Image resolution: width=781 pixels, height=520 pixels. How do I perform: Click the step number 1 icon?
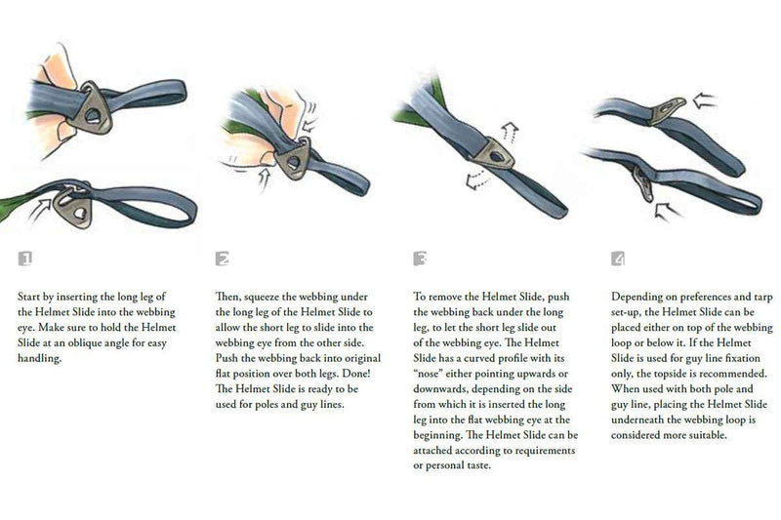[x=25, y=259]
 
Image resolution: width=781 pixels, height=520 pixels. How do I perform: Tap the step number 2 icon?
[x=223, y=259]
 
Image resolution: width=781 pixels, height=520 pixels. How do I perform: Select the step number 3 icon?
[x=420, y=259]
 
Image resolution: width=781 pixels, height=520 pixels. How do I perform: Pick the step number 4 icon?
[x=618, y=259]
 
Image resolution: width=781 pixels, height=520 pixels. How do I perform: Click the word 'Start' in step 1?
[x=29, y=297]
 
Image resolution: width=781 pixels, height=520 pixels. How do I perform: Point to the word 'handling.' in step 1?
[x=39, y=358]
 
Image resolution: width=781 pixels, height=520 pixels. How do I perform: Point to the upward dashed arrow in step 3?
[x=508, y=131]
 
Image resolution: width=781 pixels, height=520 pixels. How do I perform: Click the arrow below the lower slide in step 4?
[x=668, y=211]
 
